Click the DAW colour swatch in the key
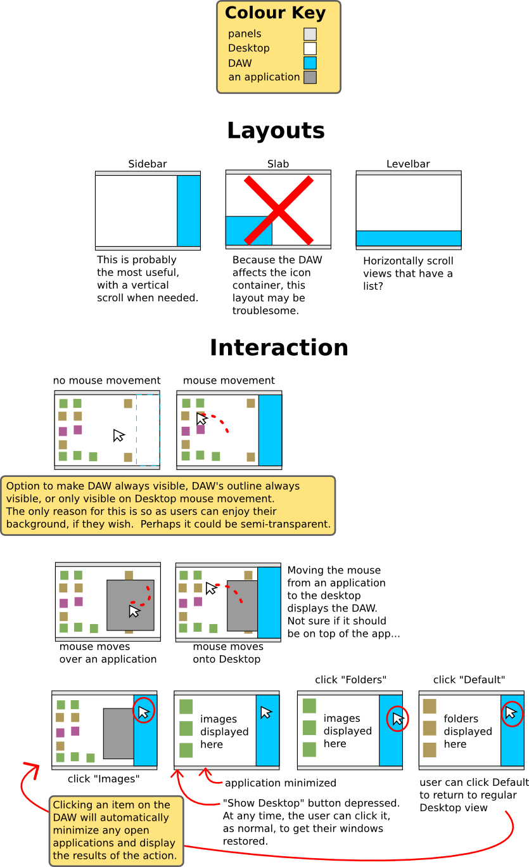coord(310,63)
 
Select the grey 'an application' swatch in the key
coord(310,77)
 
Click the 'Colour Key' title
coord(275,13)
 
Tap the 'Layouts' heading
coord(276,131)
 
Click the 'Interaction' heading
coord(279,348)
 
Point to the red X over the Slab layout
coord(279,209)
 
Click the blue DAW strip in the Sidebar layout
coord(189,211)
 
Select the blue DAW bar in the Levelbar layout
coord(409,238)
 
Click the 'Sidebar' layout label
coord(148,164)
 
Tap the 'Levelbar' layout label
coord(408,164)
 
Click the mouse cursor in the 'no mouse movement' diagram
coord(118,435)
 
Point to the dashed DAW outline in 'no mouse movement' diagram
coord(148,430)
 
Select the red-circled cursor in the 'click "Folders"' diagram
coord(397,719)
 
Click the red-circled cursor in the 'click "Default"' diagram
coord(511,712)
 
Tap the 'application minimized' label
coord(280,783)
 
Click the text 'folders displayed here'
coord(468,731)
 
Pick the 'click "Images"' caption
coord(103,778)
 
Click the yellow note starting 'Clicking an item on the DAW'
coord(116,830)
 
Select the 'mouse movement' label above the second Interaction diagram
coord(229,381)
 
